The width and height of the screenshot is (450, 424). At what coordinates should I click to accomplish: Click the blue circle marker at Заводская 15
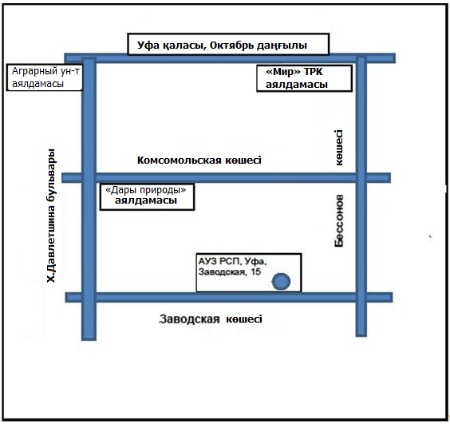pos(281,281)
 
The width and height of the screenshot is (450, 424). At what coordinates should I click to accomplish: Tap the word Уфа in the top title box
pos(148,45)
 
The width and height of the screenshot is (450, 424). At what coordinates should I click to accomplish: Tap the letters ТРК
pos(313,72)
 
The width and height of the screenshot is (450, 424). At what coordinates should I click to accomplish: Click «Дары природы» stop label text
pos(146,190)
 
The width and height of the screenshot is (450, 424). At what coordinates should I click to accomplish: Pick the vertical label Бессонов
pos(339,220)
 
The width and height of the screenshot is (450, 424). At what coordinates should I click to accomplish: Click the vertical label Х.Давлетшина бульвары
pos(51,216)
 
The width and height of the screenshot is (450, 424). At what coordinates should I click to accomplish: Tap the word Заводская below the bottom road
pos(190,319)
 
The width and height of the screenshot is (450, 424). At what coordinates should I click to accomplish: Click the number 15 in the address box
pos(255,271)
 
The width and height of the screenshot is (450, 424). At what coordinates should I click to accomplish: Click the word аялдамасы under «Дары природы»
pos(146,200)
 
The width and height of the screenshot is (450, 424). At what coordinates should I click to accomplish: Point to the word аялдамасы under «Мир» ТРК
pos(297,85)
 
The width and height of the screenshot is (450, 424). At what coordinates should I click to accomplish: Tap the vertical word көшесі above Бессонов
pos(339,148)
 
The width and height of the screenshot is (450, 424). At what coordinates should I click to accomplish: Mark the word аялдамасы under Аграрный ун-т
pos(37,84)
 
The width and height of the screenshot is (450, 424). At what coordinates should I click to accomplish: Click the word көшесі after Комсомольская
pos(243,160)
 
